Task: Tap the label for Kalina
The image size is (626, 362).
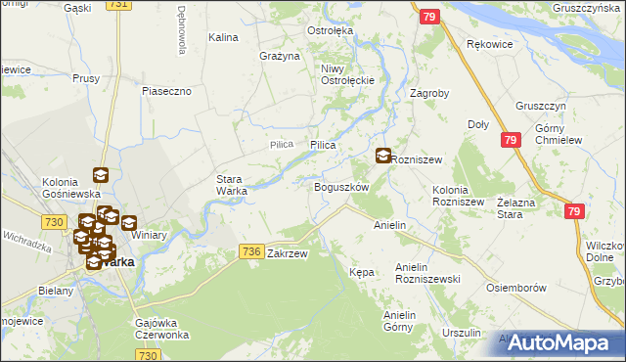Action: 224,37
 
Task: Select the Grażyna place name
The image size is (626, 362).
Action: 279,56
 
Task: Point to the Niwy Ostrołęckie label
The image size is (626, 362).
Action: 342,73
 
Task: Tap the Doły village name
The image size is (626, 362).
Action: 478,124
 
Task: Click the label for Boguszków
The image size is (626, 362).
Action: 340,187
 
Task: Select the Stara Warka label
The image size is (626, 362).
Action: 231,185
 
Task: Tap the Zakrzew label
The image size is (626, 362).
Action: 288,253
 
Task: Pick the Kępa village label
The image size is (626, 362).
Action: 362,272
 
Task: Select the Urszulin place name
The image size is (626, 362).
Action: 462,333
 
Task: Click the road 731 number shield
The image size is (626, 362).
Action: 117,5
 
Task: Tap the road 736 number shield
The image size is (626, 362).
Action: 250,252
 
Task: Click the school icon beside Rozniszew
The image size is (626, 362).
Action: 383,156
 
